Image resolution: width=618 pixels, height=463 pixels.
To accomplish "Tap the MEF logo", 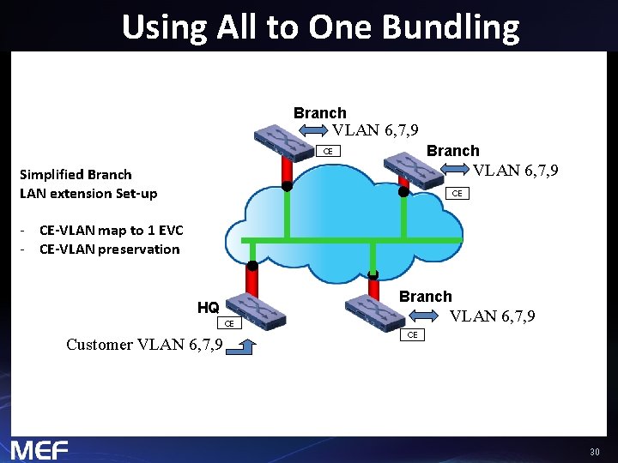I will tap(39, 449).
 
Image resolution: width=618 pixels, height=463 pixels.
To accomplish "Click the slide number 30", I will tap(594, 451).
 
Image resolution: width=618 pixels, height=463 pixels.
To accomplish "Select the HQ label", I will tap(208, 307).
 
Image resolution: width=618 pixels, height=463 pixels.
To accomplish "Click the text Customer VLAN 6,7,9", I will tap(144, 345).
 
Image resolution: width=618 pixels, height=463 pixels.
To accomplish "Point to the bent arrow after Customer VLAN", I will tap(245, 346).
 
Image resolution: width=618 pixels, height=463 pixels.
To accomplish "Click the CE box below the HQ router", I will tap(229, 324).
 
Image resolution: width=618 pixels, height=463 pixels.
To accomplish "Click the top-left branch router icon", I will tap(284, 141).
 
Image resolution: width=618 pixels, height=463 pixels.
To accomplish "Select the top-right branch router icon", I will tap(415, 168).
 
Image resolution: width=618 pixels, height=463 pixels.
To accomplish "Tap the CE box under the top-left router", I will tap(327, 152).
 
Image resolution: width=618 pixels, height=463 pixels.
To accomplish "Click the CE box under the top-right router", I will tap(457, 193).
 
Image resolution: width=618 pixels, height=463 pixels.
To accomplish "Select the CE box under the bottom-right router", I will tap(412, 334).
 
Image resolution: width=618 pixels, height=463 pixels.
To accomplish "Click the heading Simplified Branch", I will tap(76, 175).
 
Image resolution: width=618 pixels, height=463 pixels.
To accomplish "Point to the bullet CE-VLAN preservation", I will tap(110, 250).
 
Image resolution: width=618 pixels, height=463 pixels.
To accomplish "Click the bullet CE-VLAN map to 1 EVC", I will tap(112, 230).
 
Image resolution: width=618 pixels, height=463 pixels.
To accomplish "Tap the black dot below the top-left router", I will tap(288, 185).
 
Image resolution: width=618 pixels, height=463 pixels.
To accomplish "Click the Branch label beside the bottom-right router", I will tap(425, 297).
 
